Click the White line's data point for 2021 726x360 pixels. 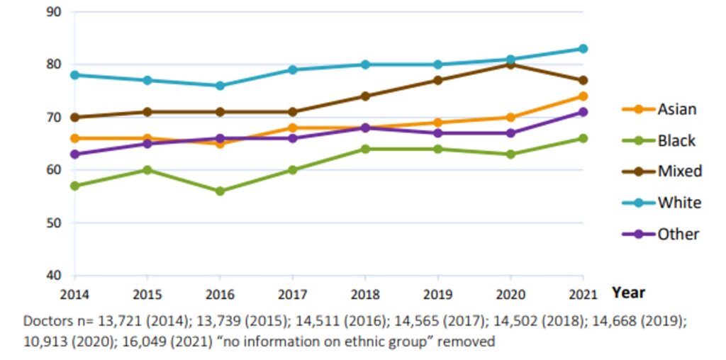tap(583, 49)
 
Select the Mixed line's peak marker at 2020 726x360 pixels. tap(510, 64)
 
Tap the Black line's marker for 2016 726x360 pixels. tap(220, 191)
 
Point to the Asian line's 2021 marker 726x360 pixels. tap(583, 96)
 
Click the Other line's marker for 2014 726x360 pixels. tap(74, 154)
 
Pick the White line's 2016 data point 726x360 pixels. tap(220, 86)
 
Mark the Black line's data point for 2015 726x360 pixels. tap(147, 170)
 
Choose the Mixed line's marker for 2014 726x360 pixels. tap(74, 118)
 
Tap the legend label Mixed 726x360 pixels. tap(679, 171)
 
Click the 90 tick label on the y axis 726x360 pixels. tap(53, 12)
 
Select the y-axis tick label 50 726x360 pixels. tap(53, 223)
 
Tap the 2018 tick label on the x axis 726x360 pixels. tap(364, 292)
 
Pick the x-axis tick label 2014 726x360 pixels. tap(74, 292)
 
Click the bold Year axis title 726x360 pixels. tap(628, 292)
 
